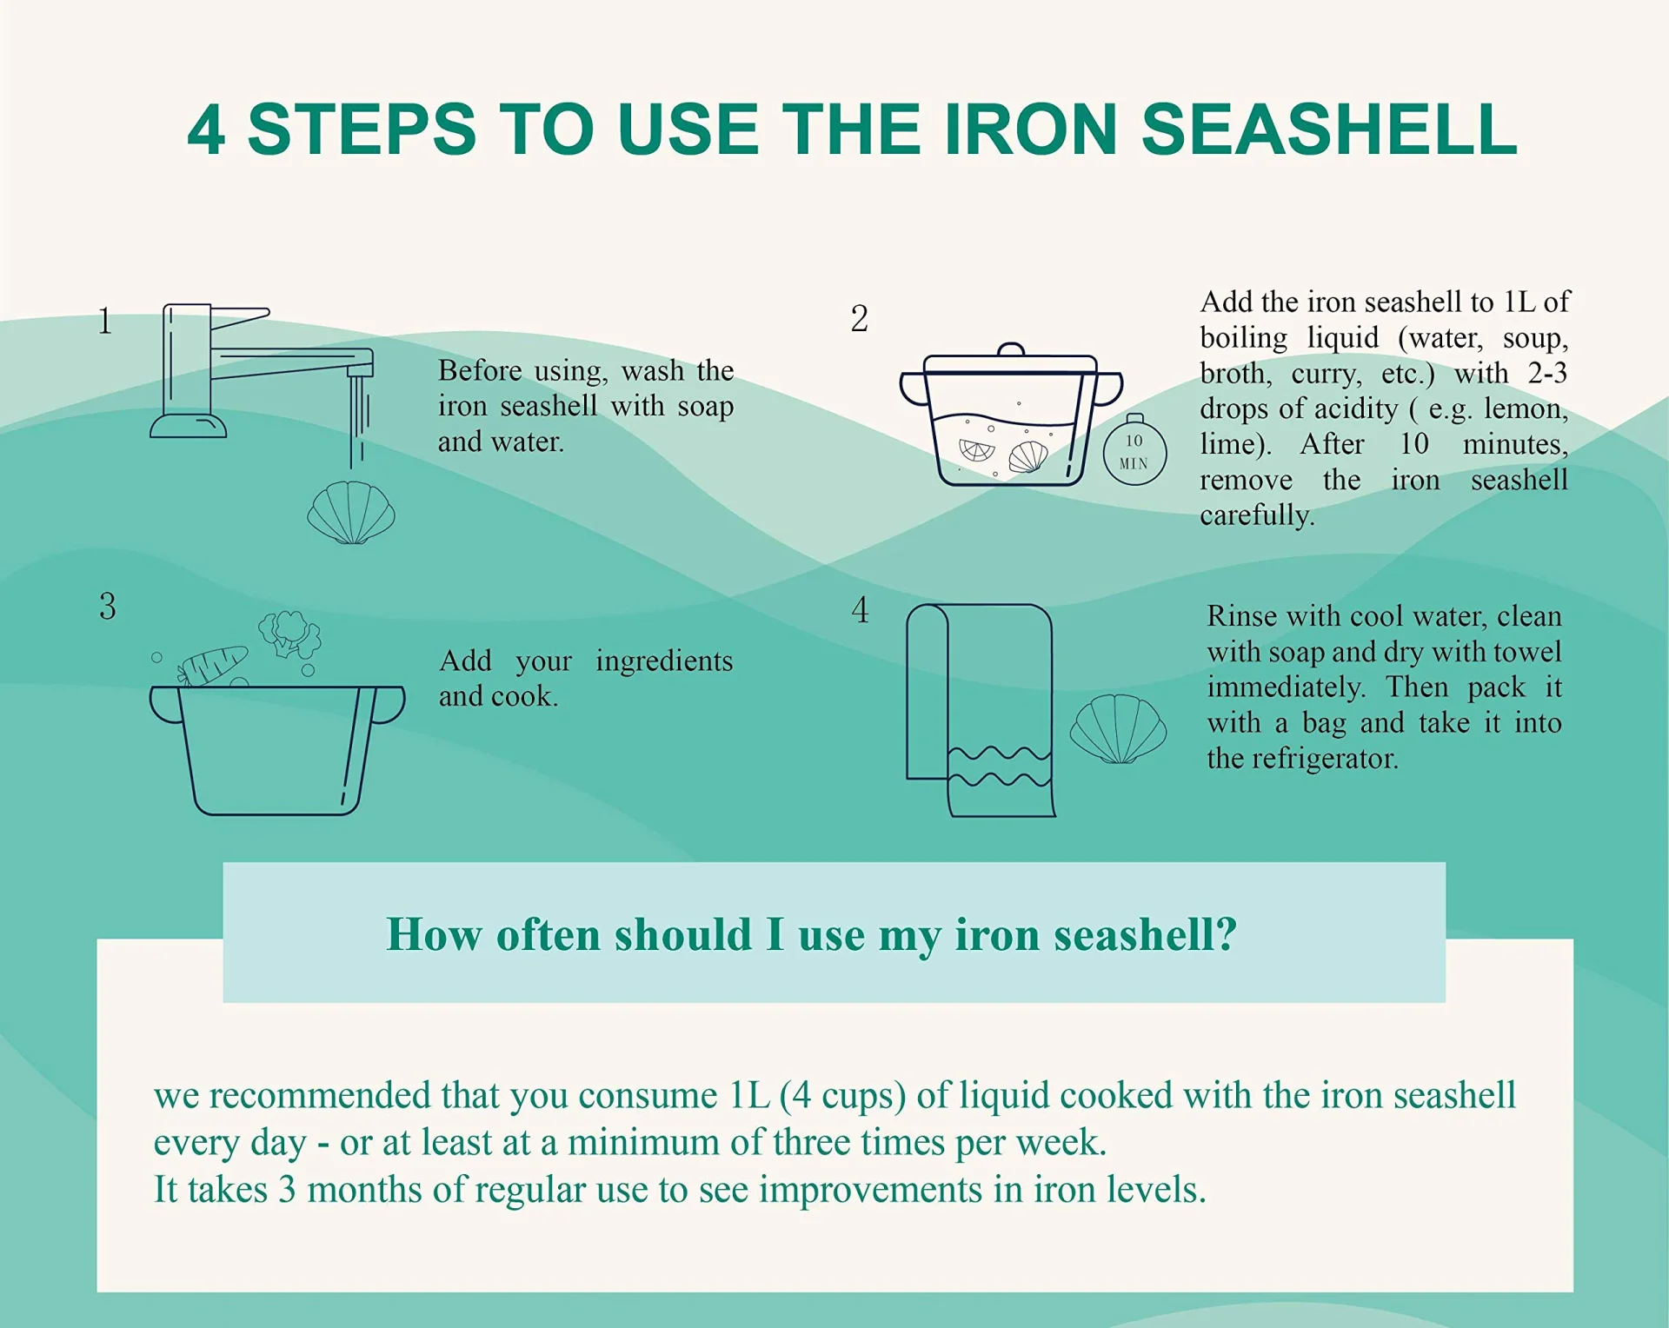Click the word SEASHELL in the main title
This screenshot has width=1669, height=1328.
1329,129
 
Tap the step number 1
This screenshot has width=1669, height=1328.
105,322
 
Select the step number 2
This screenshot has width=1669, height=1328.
860,318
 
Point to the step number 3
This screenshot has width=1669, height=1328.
108,607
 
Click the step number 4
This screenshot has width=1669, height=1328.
861,609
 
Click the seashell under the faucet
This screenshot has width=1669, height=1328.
351,513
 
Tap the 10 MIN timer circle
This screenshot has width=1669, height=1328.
1134,451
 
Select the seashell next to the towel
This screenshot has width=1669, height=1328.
1118,729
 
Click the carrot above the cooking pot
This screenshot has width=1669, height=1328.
212,667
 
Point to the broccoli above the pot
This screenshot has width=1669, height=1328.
290,634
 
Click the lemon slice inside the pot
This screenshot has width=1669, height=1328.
977,450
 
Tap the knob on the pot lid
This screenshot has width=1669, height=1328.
1011,349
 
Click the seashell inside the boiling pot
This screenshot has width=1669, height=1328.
1028,457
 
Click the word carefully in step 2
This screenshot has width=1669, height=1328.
1257,515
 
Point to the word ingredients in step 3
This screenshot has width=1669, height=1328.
664,661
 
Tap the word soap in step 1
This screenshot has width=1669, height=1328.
705,407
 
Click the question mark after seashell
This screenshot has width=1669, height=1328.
1226,934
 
